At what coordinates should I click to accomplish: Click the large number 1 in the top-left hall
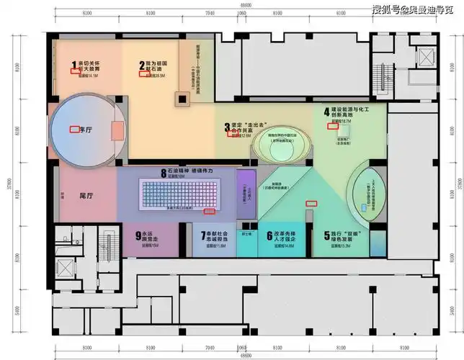point(73,66)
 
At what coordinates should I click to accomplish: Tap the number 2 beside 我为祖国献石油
point(142,66)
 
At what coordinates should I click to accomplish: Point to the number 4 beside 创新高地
point(326,112)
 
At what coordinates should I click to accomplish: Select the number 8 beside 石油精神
point(164,171)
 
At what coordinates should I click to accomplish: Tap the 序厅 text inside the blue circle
point(86,130)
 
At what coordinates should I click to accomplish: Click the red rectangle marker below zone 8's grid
point(211,212)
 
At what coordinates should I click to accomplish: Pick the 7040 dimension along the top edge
point(210,14)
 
